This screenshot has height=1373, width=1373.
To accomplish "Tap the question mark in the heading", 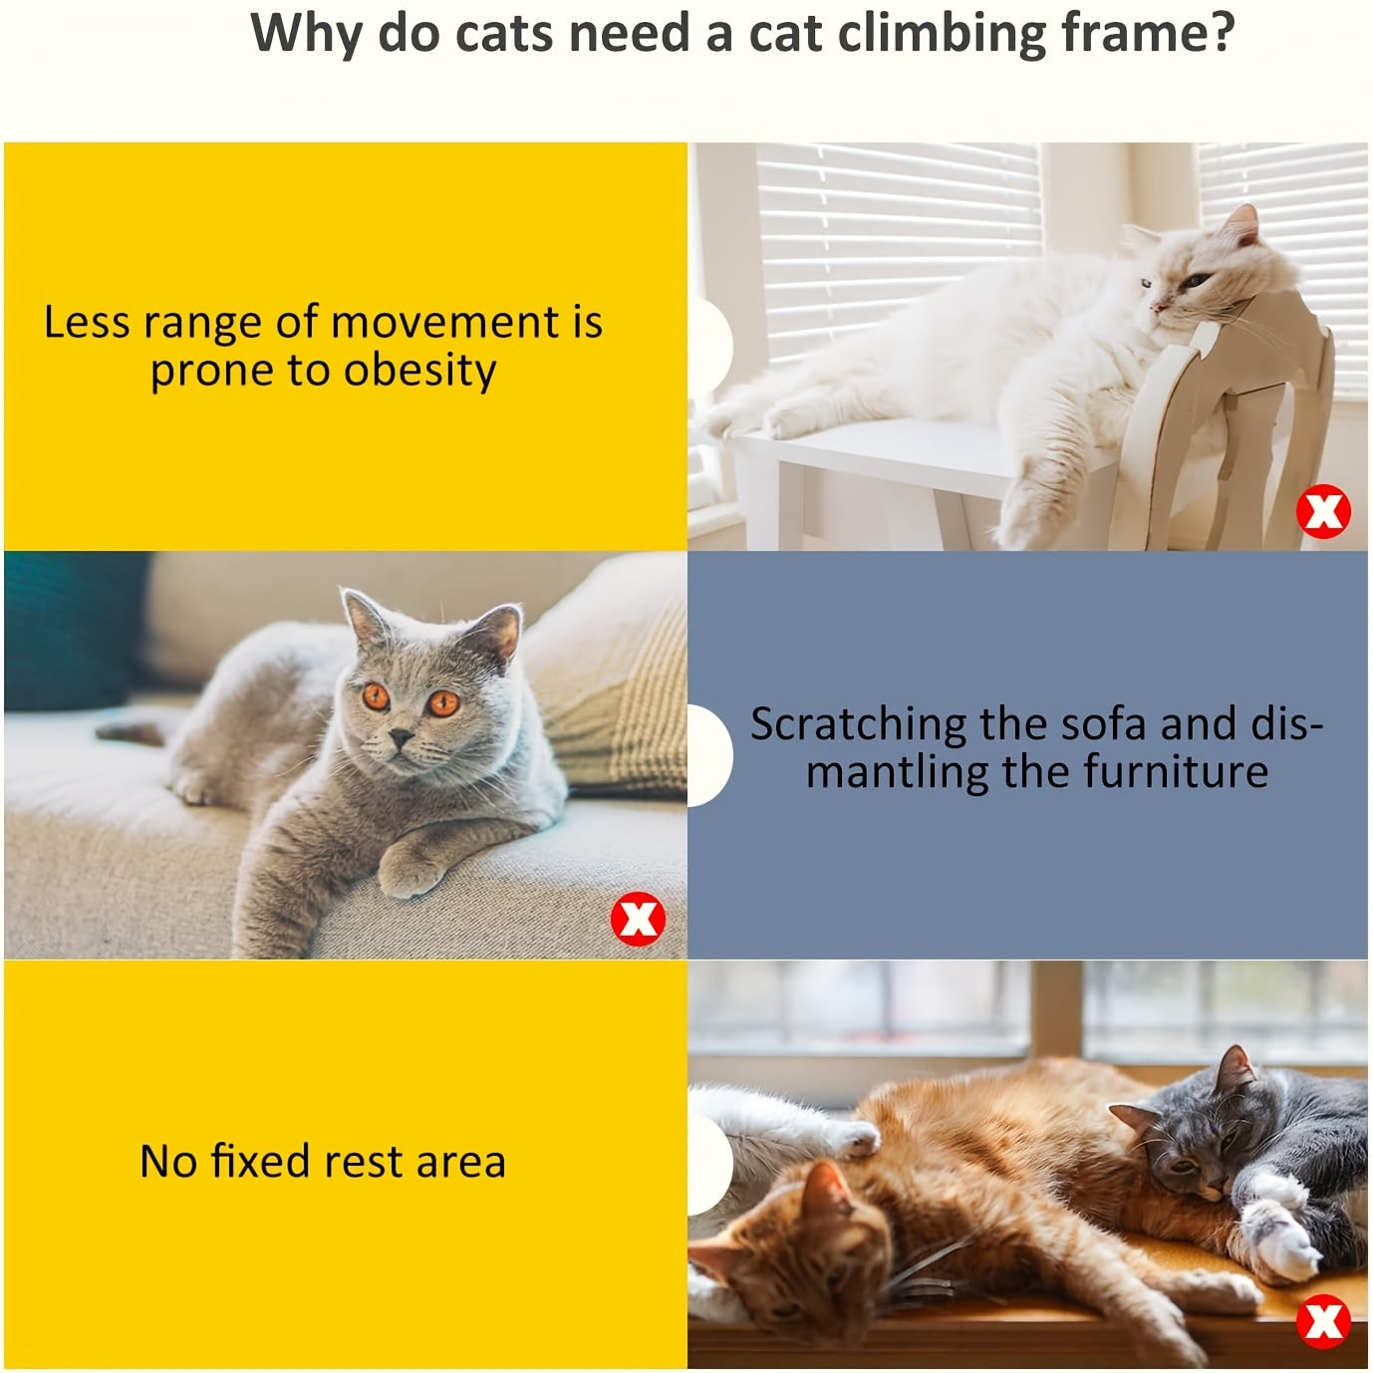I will point(1219,32).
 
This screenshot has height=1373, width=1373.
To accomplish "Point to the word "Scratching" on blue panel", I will point(858,724).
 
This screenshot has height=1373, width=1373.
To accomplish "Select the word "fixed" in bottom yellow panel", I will point(259,1162).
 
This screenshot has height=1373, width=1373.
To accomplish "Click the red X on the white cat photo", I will point(1322,512).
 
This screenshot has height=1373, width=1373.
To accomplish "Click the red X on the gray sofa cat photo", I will point(637,919).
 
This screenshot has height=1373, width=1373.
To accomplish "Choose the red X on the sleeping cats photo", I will point(1323,1321).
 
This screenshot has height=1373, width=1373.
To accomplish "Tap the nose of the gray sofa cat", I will point(401,738).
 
